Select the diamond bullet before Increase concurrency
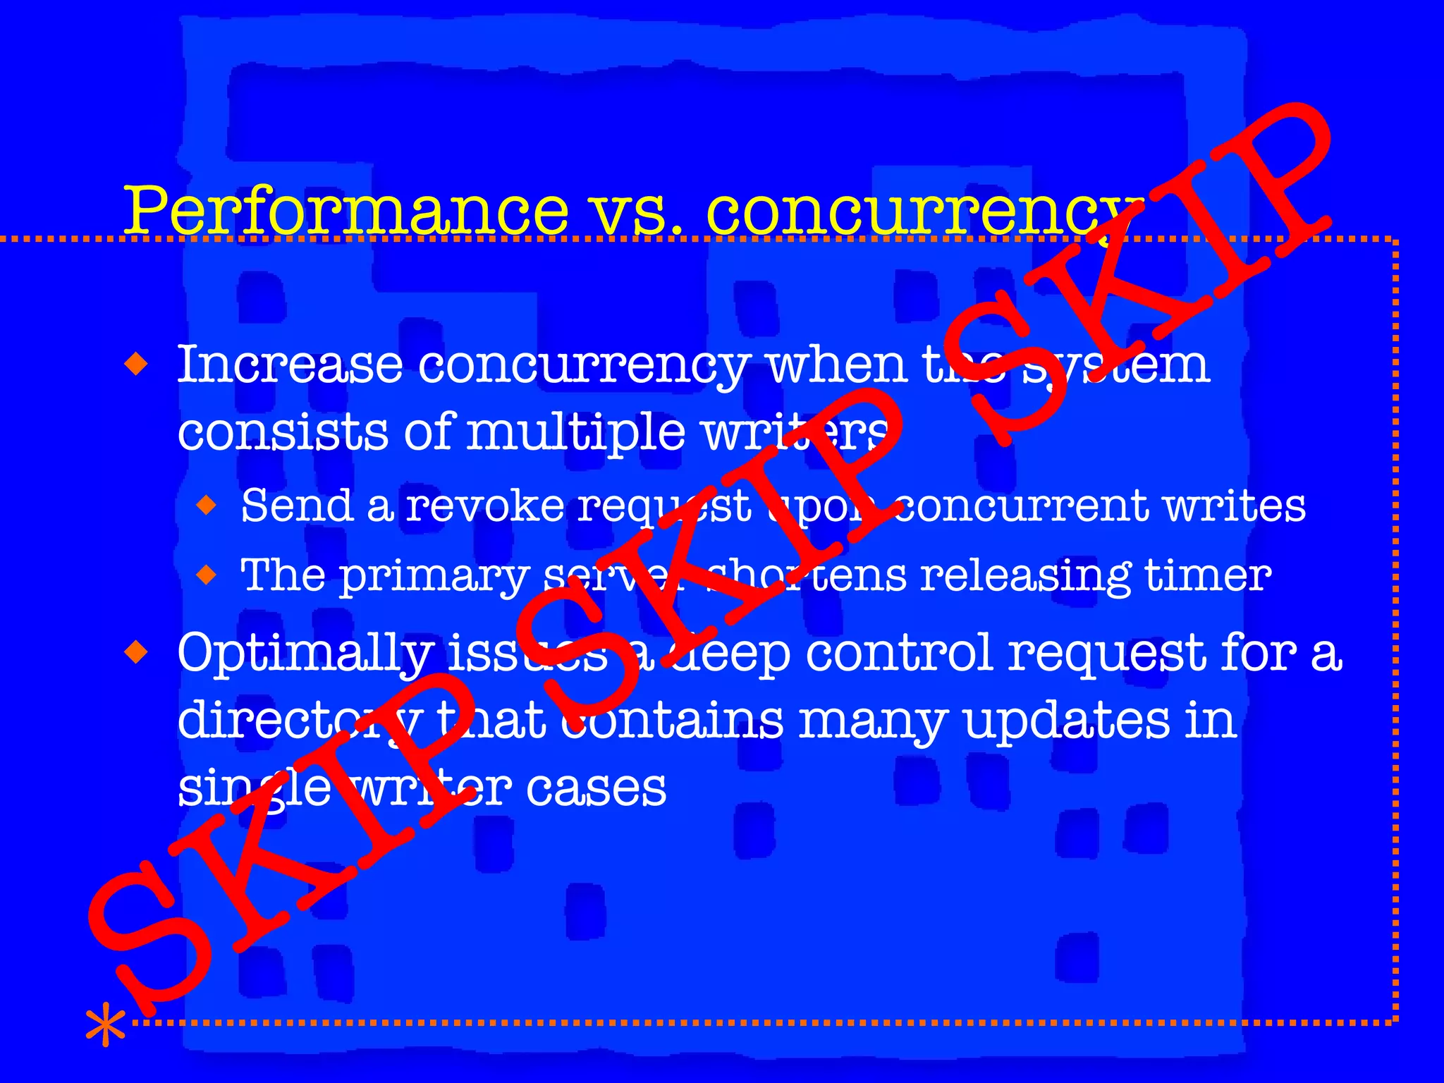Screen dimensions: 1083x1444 136,365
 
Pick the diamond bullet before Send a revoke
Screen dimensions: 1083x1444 207,505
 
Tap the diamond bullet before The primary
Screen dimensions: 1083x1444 207,575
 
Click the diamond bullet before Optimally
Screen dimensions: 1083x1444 136,652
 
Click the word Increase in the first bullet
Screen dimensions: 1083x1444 289,365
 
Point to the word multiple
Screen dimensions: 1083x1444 575,432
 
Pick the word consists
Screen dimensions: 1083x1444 282,432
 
